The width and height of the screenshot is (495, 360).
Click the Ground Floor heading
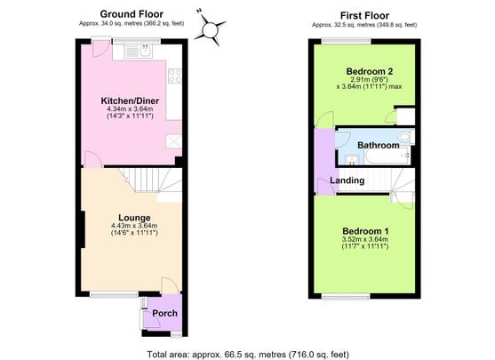[132, 14]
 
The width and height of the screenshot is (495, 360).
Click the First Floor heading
[364, 15]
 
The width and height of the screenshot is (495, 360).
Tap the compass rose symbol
[210, 29]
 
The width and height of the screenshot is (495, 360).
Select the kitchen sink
[139, 52]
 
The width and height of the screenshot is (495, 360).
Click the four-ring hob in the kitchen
[175, 76]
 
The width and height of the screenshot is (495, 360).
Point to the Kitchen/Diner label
[130, 100]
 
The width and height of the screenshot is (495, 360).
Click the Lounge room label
[134, 218]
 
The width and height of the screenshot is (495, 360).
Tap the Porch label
[164, 313]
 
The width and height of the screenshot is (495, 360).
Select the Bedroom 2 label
[370, 71]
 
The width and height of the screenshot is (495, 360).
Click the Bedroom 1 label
[365, 231]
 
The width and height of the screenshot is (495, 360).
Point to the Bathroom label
[379, 145]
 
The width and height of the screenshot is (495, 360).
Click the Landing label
[347, 180]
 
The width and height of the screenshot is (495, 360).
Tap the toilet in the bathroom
[405, 136]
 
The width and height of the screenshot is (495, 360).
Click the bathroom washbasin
[350, 159]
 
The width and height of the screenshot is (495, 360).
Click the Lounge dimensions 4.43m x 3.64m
[134, 226]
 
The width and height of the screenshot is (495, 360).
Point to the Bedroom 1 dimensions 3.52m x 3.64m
[365, 239]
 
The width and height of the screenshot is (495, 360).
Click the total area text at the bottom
[248, 354]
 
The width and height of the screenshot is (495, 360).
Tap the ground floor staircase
[151, 181]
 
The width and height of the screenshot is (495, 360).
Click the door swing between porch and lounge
[170, 285]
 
